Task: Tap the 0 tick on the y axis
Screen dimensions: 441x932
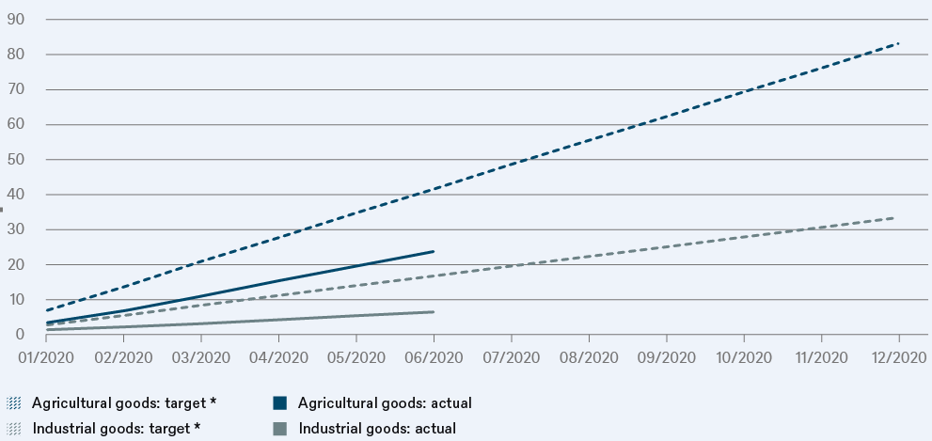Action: tap(20, 335)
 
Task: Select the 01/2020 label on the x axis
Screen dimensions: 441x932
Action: tap(46, 357)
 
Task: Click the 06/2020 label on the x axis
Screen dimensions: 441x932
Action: tap(434, 357)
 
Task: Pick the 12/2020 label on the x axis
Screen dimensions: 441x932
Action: tap(899, 357)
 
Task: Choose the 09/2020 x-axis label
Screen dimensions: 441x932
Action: tap(667, 357)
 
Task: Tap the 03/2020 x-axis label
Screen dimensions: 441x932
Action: tap(201, 357)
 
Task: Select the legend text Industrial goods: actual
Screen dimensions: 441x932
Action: tap(377, 429)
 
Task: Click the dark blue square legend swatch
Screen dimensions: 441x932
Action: tap(279, 403)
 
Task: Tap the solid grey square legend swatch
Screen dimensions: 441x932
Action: tap(279, 429)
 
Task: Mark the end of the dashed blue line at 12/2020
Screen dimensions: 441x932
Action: tap(899, 43)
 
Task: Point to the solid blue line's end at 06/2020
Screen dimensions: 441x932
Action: tap(434, 251)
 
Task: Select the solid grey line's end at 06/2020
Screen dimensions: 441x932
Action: tap(434, 311)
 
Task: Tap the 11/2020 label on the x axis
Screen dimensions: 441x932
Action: tap(822, 357)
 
